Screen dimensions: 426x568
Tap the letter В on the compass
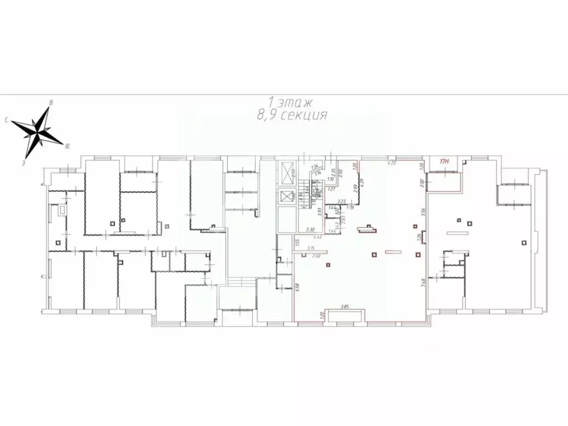point(51,103)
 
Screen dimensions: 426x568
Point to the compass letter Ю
point(67,146)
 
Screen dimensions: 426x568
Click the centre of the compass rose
point(38,132)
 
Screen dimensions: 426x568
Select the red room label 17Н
point(444,162)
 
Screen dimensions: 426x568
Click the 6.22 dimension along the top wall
point(390,163)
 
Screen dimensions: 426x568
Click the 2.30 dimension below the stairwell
point(311,229)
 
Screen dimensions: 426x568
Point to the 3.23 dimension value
point(342,201)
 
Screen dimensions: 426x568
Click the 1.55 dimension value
point(298,242)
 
